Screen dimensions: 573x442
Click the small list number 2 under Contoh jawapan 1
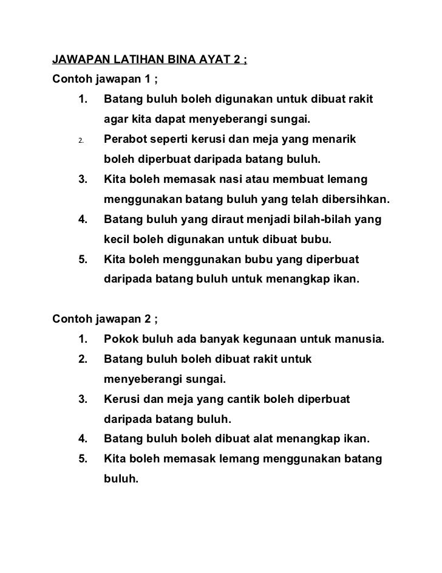pyautogui.click(x=80, y=142)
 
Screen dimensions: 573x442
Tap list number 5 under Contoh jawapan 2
pyautogui.click(x=82, y=459)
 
